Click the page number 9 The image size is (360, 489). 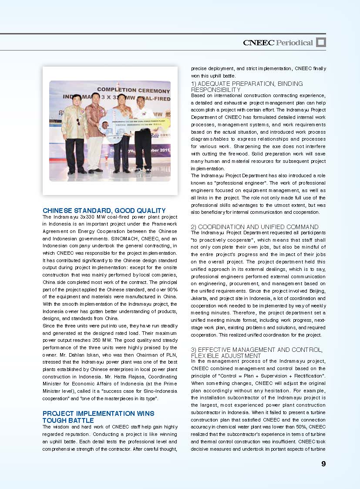click(x=323, y=464)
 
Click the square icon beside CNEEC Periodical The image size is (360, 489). click(x=321, y=42)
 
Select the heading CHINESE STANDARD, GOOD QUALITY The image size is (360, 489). click(x=104, y=210)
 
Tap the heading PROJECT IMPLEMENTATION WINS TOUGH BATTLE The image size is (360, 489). click(x=98, y=417)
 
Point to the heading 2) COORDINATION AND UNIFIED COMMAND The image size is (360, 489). click(x=255, y=227)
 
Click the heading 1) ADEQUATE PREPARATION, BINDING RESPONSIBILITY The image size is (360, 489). click(x=247, y=86)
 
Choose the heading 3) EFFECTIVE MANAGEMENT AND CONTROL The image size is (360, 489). click(x=257, y=352)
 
